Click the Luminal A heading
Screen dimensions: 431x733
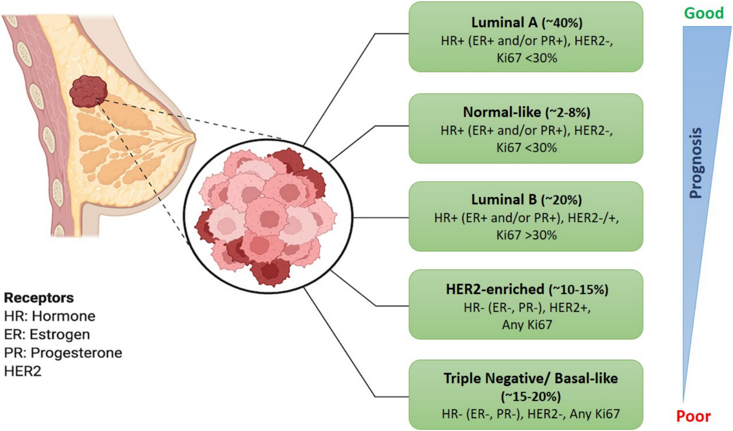(x=504, y=22)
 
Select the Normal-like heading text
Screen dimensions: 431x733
(x=502, y=112)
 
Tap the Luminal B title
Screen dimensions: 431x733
(x=504, y=199)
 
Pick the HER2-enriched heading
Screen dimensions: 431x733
(x=495, y=289)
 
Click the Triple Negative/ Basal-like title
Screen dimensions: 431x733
(x=531, y=378)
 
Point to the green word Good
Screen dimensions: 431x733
(x=703, y=13)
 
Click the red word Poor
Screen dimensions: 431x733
(x=693, y=416)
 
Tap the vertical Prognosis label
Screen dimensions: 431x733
(x=696, y=163)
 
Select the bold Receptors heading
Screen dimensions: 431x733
(x=39, y=297)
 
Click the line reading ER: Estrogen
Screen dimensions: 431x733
(x=47, y=334)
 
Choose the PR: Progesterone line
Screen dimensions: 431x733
(x=63, y=353)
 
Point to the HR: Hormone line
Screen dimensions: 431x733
(x=49, y=316)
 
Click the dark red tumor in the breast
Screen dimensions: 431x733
(x=88, y=91)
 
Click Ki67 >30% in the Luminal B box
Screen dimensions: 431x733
(x=526, y=235)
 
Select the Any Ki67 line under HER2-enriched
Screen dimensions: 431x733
(x=527, y=325)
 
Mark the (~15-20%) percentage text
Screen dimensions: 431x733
(x=531, y=396)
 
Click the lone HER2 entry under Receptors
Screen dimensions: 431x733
(x=22, y=371)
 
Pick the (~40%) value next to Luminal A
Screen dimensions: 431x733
(x=561, y=23)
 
